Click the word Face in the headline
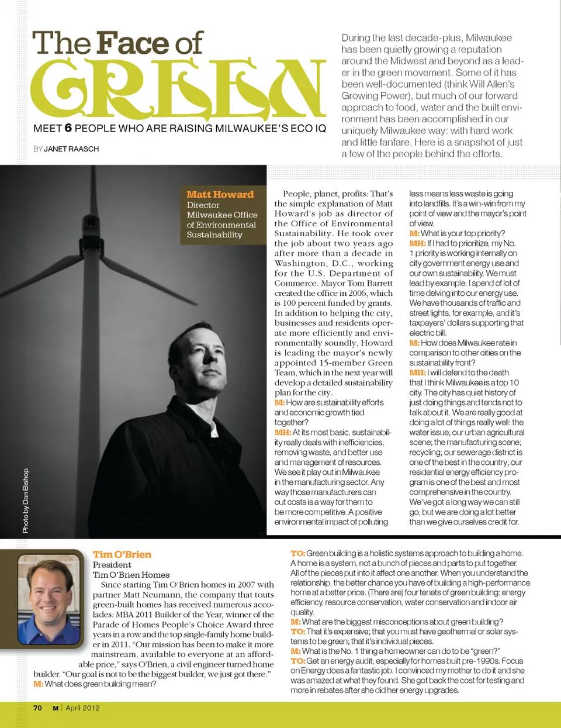[133, 43]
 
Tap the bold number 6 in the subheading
[68, 128]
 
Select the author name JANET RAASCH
[71, 149]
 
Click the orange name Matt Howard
[220, 195]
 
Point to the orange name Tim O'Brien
[122, 554]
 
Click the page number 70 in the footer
[37, 708]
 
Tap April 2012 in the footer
[82, 708]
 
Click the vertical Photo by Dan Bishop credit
[26, 501]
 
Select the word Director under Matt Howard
[203, 205]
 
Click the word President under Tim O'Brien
[112, 565]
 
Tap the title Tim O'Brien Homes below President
[131, 575]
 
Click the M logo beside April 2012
[56, 708]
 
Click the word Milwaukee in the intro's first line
[489, 38]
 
